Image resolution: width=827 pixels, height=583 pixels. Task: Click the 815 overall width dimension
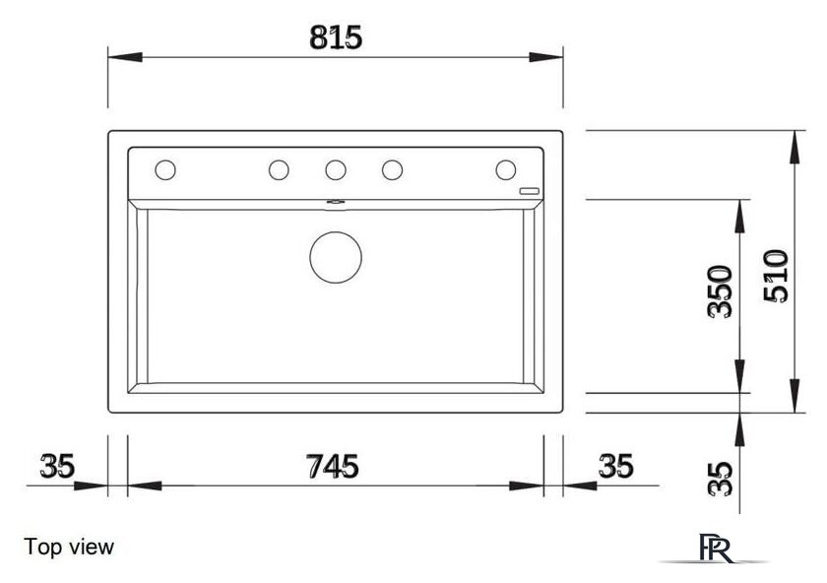click(336, 37)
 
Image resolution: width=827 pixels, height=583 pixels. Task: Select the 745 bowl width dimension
click(333, 467)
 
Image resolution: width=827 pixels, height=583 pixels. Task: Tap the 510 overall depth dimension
click(776, 276)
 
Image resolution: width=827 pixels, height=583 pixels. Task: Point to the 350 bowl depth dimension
click(720, 291)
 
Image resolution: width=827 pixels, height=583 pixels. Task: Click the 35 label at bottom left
click(57, 467)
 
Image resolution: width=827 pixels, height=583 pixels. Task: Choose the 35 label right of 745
click(615, 467)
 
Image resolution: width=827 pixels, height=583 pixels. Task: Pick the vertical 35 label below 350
click(720, 479)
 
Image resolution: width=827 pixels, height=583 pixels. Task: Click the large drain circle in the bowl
click(336, 257)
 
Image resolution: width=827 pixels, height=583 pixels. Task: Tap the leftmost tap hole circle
click(165, 170)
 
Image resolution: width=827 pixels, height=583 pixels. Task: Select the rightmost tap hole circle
click(506, 170)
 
